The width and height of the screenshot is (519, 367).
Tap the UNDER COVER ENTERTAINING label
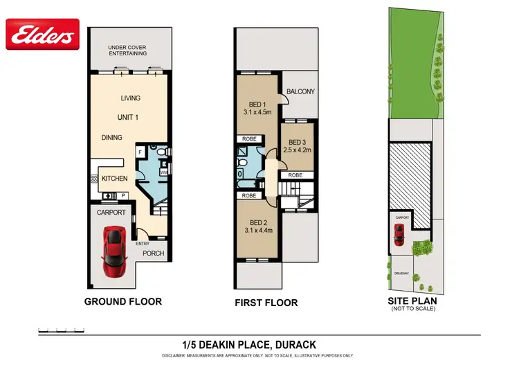click(129, 51)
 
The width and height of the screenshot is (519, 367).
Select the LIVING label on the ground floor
click(130, 98)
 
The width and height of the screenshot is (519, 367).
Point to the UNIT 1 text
click(127, 117)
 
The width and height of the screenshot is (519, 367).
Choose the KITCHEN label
click(114, 179)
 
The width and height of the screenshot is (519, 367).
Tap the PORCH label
click(153, 253)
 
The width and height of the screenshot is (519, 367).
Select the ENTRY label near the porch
click(143, 244)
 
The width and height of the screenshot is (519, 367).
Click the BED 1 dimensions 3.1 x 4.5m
click(257, 111)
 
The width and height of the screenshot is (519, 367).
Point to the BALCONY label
click(301, 91)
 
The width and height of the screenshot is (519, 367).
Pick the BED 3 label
click(299, 141)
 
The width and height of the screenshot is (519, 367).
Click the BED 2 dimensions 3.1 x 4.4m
click(256, 231)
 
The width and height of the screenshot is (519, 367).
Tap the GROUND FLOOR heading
click(122, 301)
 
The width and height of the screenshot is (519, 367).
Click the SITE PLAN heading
click(412, 301)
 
